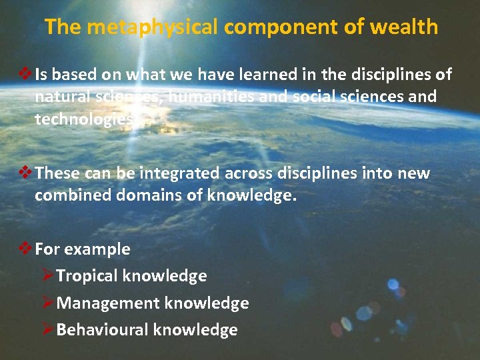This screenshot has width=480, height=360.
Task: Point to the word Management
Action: click(x=99, y=303)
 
